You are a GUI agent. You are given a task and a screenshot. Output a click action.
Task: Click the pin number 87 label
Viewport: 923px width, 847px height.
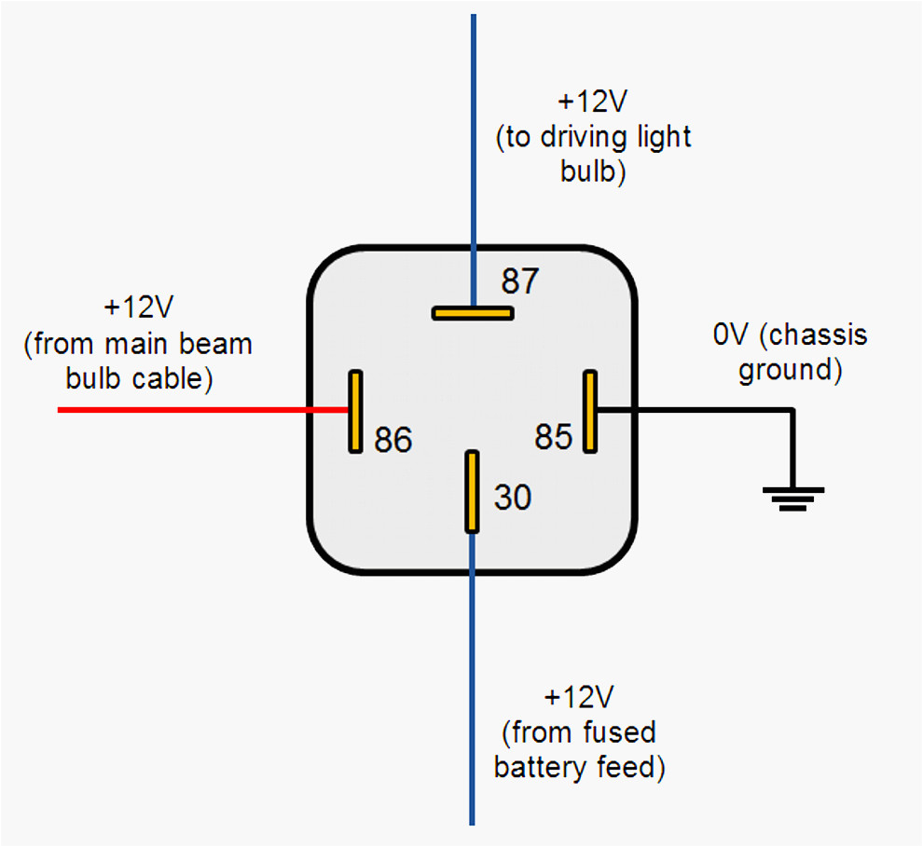point(520,280)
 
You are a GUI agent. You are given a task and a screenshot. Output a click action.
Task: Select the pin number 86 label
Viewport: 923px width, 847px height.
point(393,440)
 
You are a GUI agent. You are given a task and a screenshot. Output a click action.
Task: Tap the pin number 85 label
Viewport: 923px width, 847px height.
point(553,436)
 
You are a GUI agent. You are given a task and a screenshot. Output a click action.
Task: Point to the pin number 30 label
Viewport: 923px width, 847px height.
point(512,498)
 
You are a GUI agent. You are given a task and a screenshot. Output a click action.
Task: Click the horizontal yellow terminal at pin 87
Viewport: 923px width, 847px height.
point(473,313)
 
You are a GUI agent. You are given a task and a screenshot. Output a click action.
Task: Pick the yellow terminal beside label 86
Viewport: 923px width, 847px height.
point(355,411)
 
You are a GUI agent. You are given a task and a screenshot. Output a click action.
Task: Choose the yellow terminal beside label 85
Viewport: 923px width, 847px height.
point(589,411)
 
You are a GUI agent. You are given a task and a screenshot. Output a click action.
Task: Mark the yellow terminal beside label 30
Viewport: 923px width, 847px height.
point(473,491)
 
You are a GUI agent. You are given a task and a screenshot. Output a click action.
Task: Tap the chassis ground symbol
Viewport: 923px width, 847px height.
point(792,499)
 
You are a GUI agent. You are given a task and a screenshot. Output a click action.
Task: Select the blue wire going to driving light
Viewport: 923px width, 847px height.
point(473,140)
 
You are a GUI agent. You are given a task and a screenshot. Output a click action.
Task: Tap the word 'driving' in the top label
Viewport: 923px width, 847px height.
point(597,138)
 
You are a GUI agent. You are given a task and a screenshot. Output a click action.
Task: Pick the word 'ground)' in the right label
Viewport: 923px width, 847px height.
point(791,370)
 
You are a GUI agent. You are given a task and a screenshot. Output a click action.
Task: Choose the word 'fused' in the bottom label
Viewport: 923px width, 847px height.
point(620,733)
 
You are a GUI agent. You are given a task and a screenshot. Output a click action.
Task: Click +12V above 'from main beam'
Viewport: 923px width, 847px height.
point(139,307)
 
